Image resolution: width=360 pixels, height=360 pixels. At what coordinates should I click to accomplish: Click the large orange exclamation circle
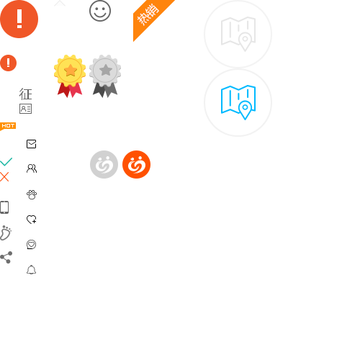point(19,19)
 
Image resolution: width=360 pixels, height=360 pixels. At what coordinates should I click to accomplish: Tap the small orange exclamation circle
point(9,63)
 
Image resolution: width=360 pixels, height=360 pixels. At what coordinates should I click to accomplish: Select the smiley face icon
point(100,11)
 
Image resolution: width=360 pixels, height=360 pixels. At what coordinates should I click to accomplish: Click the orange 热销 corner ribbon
point(150,17)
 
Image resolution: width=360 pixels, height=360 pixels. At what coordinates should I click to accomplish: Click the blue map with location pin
point(238,102)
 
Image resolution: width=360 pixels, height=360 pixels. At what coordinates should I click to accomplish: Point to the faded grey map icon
point(238,34)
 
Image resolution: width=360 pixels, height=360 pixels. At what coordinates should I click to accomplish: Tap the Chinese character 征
point(25,94)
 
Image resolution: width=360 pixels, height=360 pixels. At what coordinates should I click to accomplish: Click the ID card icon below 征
point(25,109)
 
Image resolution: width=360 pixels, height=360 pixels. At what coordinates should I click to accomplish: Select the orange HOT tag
point(8,126)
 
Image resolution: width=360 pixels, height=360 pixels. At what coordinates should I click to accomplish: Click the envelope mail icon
point(31,144)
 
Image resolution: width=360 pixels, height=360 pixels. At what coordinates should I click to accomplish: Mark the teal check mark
point(6,162)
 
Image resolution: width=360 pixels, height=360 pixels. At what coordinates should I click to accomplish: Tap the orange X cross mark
point(4,176)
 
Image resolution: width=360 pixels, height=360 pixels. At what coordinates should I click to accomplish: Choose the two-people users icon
point(32,168)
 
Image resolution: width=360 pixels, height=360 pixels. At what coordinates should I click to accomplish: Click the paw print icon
point(32,194)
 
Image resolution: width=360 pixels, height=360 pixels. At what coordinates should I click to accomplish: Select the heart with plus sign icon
point(31,220)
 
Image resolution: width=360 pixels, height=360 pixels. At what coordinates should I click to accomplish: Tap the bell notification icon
point(31,270)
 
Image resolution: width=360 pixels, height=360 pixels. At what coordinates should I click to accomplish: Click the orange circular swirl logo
point(136,164)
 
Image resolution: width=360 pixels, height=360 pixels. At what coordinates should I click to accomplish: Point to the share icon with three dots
point(6,257)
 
